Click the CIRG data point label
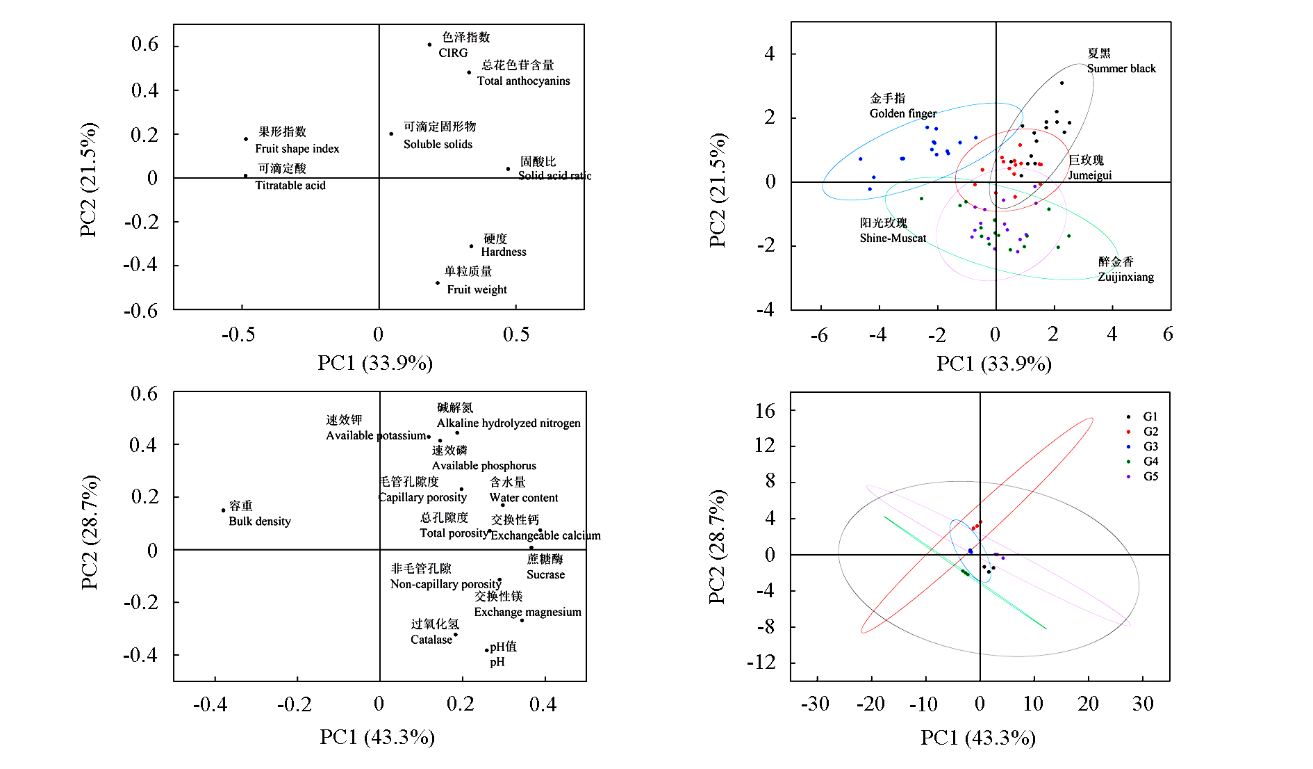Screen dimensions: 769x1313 453,53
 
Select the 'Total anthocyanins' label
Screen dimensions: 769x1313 523,81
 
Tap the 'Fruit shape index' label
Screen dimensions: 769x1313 297,148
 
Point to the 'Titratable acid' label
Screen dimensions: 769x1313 290,185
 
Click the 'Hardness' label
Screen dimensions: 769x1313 503,252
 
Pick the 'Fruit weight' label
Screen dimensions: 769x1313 477,289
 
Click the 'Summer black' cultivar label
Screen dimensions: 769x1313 1121,68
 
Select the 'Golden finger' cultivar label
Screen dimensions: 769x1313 902,113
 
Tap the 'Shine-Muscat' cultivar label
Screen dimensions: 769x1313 893,238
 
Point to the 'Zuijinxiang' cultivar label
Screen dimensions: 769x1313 1125,277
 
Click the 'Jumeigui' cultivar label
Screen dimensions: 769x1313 1089,175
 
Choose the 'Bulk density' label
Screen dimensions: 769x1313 259,521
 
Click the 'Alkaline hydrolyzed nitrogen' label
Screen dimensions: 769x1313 508,423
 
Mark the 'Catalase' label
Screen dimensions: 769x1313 431,640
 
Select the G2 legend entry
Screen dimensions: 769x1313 1150,432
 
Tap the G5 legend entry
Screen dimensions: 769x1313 1150,476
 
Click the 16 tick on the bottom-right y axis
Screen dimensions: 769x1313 764,411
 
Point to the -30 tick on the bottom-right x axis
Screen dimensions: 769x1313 815,704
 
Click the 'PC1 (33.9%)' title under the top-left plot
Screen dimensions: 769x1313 375,363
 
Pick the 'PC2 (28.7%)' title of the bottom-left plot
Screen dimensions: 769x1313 90,533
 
